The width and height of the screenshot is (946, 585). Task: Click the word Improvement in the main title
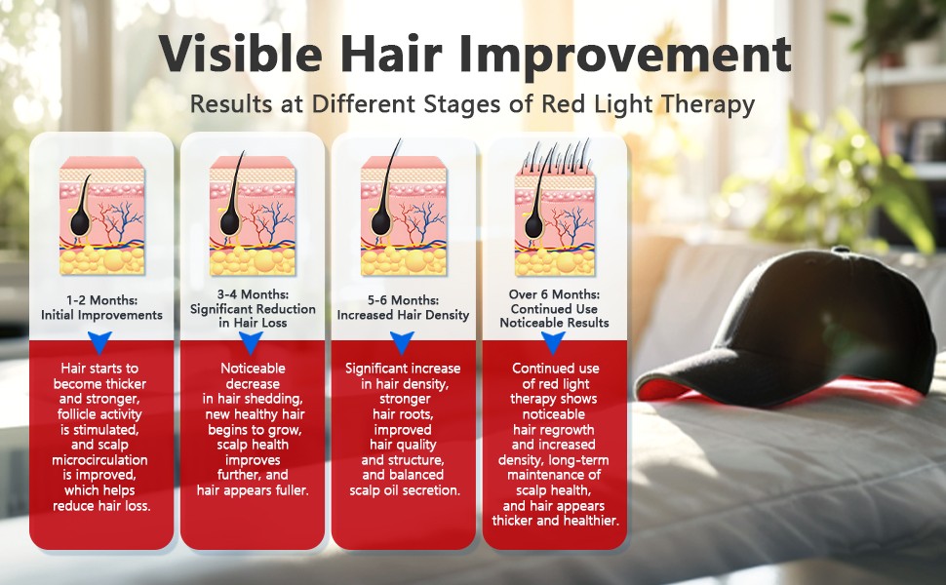pos(624,56)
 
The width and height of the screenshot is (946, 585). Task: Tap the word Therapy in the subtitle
pos(708,104)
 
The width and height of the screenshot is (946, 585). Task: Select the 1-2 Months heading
pos(102,300)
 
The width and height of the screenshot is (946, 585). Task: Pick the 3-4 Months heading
pos(253,294)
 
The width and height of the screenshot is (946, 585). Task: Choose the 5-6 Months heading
pos(403,300)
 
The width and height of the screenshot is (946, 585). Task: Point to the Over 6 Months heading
pos(554,294)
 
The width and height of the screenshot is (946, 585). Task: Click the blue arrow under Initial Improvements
pos(100,341)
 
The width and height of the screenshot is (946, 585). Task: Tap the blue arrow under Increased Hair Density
pos(402,342)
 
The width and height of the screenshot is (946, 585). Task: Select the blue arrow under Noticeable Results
pos(553,342)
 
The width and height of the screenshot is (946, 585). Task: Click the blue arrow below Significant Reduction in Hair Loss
pos(251,342)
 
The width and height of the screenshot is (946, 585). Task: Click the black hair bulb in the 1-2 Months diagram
pos(80,221)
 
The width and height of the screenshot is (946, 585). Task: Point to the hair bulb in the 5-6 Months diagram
pos(381,220)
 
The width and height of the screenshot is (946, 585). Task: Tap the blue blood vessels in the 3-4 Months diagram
pos(273,219)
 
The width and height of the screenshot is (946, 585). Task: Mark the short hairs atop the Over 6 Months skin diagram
pos(556,158)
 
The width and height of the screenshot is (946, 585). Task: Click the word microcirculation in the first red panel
pos(99,460)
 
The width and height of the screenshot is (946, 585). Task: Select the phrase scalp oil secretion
pos(404,490)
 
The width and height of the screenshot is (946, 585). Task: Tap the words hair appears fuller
pos(253,490)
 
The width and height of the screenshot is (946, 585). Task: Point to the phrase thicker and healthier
pos(555,521)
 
